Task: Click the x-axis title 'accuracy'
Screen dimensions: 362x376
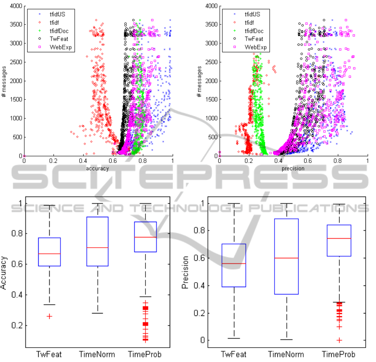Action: [x=97, y=168]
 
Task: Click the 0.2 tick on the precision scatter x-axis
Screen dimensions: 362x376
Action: [x=248, y=161]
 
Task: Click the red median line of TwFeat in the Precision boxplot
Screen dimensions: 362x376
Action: [x=234, y=263]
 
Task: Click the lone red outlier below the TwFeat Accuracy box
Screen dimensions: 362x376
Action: [x=49, y=316]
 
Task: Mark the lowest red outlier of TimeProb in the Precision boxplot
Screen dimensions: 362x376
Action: [x=339, y=340]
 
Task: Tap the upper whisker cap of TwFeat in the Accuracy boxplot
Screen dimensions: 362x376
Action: [x=49, y=205]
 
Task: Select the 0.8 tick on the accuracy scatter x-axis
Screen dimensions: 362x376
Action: [x=143, y=161]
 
